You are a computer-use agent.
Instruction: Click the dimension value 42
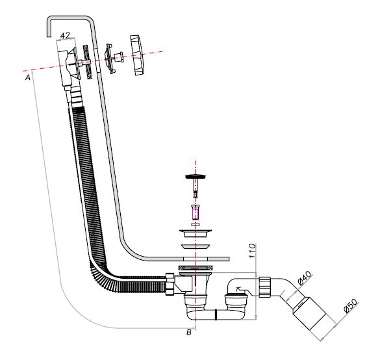pyautogui.click(x=65, y=36)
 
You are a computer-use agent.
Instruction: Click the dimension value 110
pyautogui.click(x=252, y=251)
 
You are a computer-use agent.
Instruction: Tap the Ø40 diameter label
pyautogui.click(x=304, y=277)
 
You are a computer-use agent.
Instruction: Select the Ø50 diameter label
pyautogui.click(x=350, y=306)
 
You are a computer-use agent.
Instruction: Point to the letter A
pyautogui.click(x=28, y=77)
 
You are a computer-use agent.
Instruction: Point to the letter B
pyautogui.click(x=189, y=332)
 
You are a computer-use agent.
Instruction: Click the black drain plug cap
pyautogui.click(x=196, y=176)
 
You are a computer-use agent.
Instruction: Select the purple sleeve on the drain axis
pyautogui.click(x=196, y=214)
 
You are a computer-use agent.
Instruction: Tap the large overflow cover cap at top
pyautogui.click(x=137, y=55)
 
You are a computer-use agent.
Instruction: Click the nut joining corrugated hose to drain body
pyautogui.click(x=170, y=284)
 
